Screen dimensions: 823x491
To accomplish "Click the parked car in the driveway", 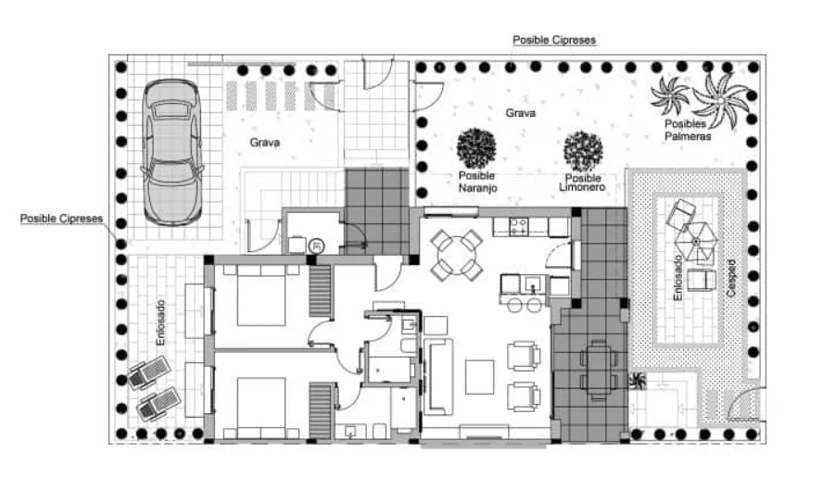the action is (x=171, y=153).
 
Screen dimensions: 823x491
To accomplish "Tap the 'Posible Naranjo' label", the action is (x=477, y=182).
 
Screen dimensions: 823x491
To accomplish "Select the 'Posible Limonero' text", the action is (x=582, y=183).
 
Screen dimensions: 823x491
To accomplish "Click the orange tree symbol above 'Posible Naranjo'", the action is (x=476, y=148).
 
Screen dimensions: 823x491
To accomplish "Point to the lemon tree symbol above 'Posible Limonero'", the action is (x=583, y=152).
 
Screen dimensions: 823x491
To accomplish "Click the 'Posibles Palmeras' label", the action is (x=687, y=130).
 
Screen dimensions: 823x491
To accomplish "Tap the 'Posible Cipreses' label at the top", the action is (x=554, y=40).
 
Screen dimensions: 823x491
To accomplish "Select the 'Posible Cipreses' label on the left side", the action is (x=61, y=219).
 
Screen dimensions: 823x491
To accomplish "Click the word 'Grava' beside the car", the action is (x=264, y=142).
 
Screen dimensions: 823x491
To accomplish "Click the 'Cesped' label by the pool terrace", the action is (x=731, y=278).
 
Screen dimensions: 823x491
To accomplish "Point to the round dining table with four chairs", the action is (x=457, y=255).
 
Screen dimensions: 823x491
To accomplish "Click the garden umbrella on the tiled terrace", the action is (x=696, y=242).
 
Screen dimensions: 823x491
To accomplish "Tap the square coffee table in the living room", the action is (x=479, y=377).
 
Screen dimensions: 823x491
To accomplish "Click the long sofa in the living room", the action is (x=437, y=377).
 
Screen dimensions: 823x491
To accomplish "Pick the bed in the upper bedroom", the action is (x=260, y=296).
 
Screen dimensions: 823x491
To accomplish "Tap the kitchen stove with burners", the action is (x=518, y=226).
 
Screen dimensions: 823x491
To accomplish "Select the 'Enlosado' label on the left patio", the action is (x=160, y=322).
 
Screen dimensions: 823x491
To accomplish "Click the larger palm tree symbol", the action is (x=721, y=100).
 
